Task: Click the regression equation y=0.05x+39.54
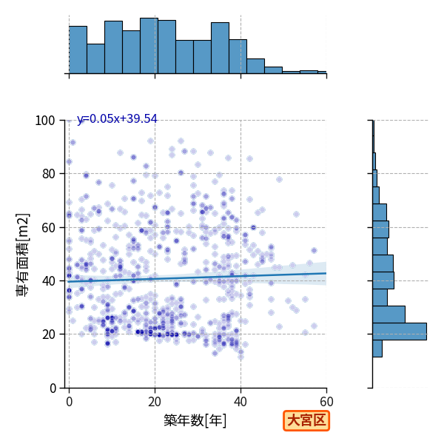coord(117,118)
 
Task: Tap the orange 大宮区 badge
coord(306,420)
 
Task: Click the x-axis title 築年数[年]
coord(195,420)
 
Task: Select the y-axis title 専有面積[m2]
coord(23,255)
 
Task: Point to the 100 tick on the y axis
coord(44,121)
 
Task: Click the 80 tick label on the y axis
coord(48,174)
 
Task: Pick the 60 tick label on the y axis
coord(48,227)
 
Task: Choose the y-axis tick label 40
coord(48,281)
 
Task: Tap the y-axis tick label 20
coord(48,334)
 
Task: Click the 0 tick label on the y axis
coord(53,388)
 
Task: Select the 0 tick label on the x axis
coord(69,401)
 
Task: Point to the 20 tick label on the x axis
coord(155,401)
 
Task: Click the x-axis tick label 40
coord(240,401)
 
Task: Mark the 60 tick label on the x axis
coord(326,401)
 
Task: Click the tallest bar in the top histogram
coord(149,46)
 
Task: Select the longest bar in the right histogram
coord(400,332)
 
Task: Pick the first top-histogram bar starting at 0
coord(78,50)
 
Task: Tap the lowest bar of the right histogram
coord(377,349)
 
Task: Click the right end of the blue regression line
coord(326,273)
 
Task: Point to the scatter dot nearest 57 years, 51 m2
coord(314,250)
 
